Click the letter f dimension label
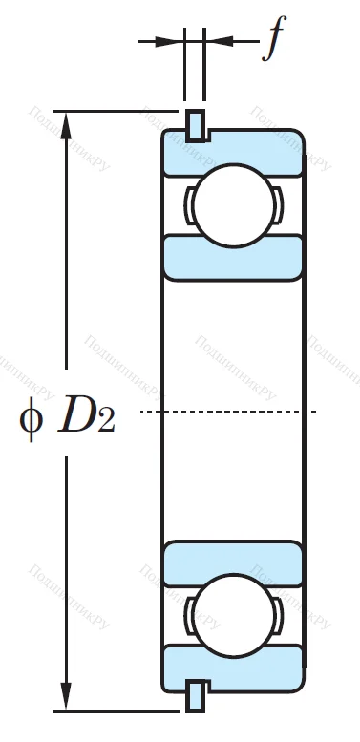pos(274,41)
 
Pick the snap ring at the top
pos(195,123)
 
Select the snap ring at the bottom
pos(195,695)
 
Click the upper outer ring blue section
pos(233,153)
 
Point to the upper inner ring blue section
pos(233,256)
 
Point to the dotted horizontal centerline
pos(229,412)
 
